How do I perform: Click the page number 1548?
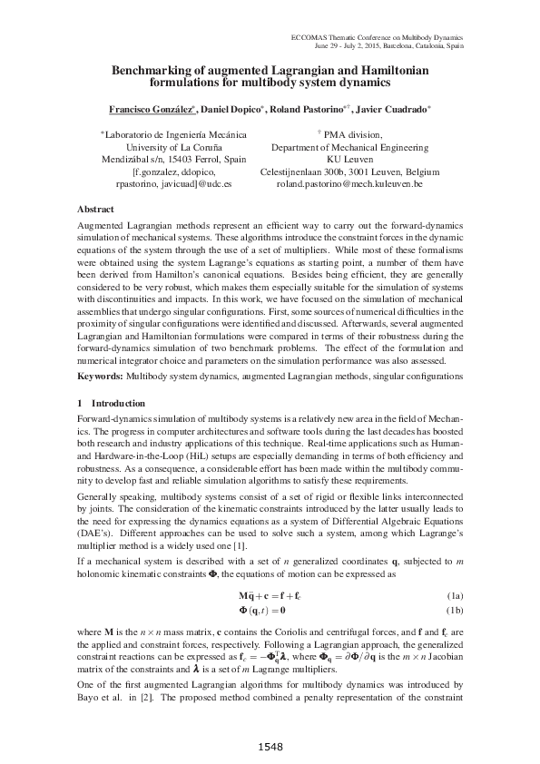click(270, 746)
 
